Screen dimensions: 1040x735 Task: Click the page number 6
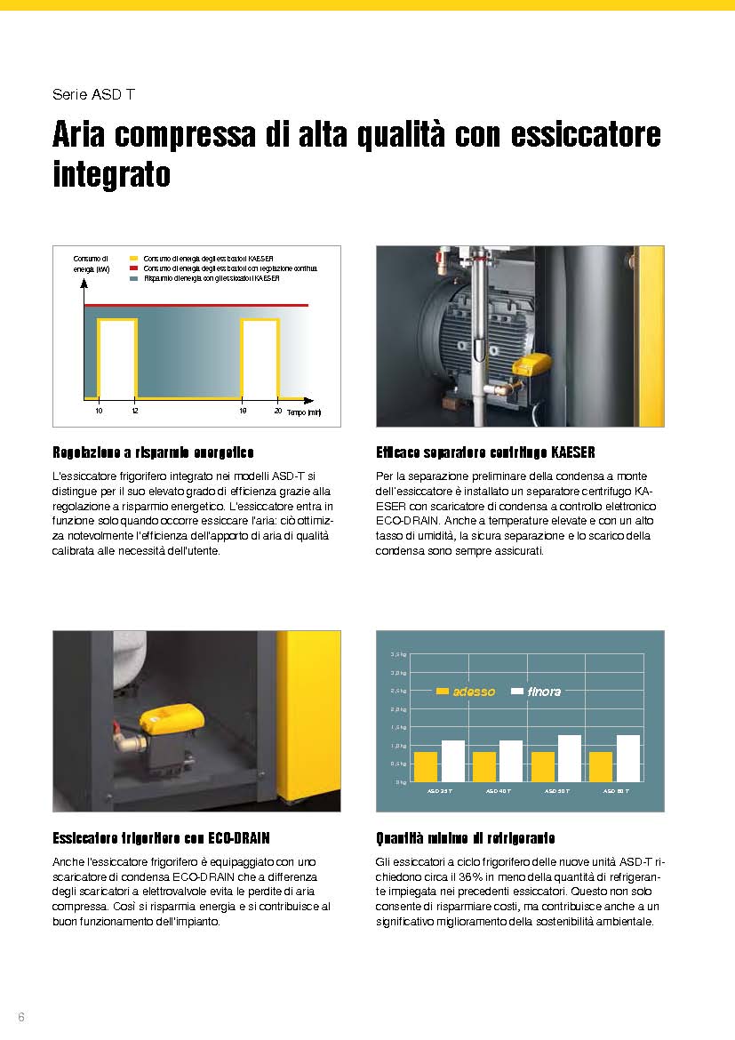(21, 1017)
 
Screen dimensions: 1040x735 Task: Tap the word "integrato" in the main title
(111, 173)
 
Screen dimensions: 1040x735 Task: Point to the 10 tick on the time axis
(99, 411)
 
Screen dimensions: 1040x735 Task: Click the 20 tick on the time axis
(278, 411)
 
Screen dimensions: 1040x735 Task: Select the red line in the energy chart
(196, 305)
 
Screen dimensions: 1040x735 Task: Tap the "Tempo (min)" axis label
(303, 412)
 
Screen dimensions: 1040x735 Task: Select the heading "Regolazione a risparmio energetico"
(154, 452)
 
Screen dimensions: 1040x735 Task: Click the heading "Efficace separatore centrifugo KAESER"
(486, 452)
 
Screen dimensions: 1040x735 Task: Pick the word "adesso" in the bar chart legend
(474, 692)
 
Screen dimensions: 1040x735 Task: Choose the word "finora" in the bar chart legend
(544, 692)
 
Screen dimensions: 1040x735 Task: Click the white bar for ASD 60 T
(627, 758)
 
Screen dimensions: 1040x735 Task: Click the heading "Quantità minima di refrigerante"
(467, 838)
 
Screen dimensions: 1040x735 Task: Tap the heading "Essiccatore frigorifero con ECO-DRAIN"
(161, 838)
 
